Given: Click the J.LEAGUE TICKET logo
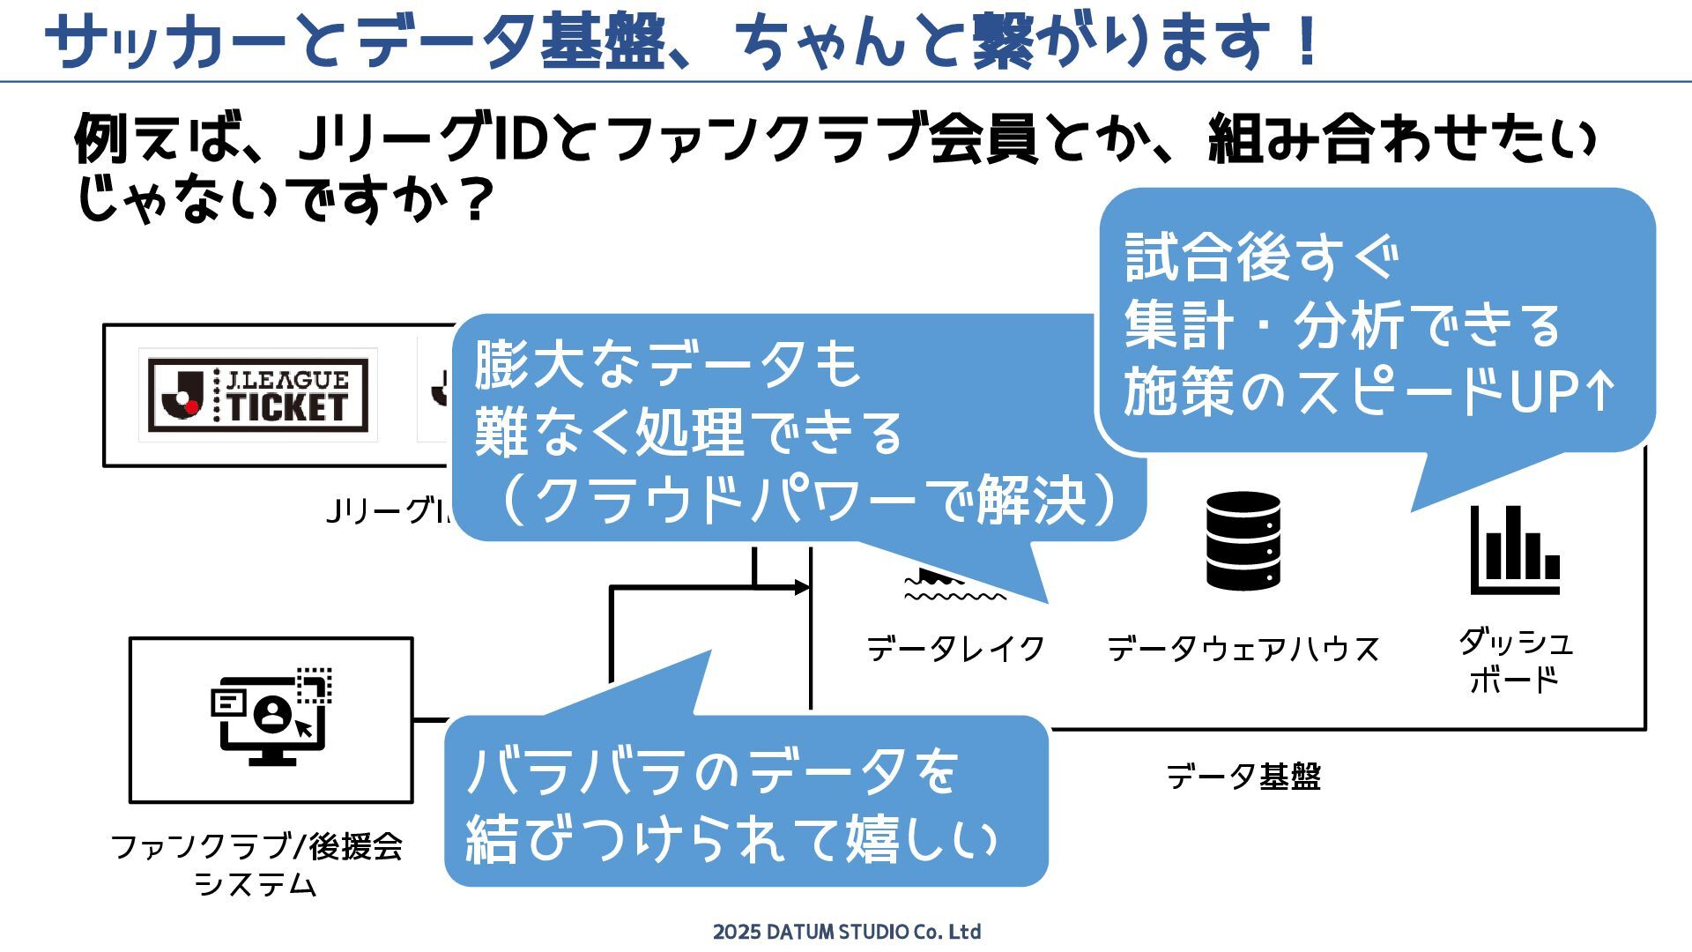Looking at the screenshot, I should [x=257, y=395].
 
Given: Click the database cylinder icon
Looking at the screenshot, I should [x=1243, y=540].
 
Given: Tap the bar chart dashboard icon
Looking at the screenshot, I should [x=1515, y=549].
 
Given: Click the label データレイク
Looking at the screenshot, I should [x=956, y=649].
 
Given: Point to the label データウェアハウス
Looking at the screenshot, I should [x=1243, y=649].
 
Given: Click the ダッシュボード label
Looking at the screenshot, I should [x=1515, y=660].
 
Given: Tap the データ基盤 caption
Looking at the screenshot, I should [x=1243, y=777].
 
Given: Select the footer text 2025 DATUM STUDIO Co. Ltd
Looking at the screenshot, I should [x=846, y=932].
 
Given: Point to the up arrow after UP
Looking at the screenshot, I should [x=1599, y=391].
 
